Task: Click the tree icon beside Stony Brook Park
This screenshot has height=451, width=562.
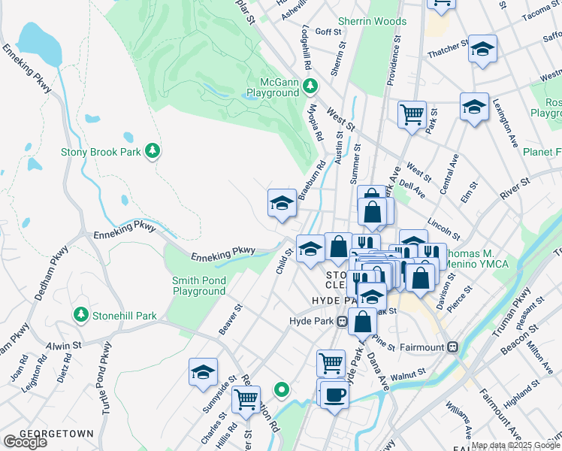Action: click(x=153, y=151)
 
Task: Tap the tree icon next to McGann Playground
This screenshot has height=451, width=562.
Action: click(x=310, y=87)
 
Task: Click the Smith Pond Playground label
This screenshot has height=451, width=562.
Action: click(x=199, y=286)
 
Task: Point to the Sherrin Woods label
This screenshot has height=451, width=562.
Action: click(x=372, y=22)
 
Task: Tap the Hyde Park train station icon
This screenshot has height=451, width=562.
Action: click(x=342, y=321)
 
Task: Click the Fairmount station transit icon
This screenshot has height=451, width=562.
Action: click(x=452, y=347)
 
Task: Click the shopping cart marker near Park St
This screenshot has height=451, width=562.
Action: click(x=412, y=115)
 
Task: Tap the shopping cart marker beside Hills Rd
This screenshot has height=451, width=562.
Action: click(x=246, y=400)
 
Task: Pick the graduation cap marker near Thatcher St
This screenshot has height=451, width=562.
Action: click(x=482, y=49)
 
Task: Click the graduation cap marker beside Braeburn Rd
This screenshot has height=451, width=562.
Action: click(x=282, y=203)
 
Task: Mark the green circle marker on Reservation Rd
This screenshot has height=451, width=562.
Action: click(x=282, y=389)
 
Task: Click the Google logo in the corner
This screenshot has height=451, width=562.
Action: click(x=25, y=442)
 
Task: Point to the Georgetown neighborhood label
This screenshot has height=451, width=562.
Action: click(x=56, y=434)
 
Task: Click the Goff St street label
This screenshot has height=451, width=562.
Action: click(x=328, y=32)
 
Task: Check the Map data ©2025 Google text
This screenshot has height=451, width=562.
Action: click(x=515, y=446)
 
